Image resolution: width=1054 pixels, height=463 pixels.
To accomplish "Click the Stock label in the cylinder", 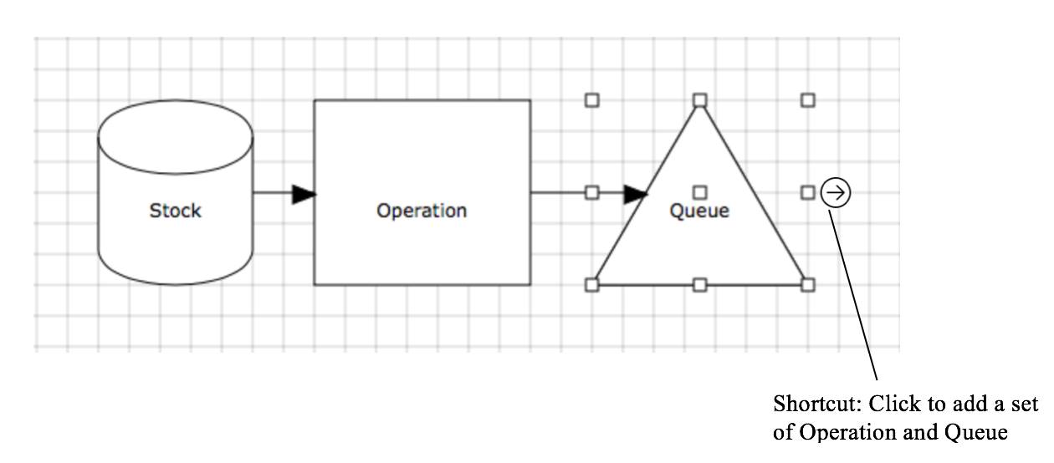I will [x=176, y=211].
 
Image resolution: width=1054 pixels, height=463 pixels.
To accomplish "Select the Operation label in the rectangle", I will [x=422, y=211].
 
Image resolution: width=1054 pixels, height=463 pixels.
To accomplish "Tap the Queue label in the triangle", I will [x=699, y=211].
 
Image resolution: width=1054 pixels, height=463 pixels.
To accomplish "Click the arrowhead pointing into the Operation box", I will [x=304, y=194].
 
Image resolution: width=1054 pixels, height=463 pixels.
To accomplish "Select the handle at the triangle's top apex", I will [x=700, y=100].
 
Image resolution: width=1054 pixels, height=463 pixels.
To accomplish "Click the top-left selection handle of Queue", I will [x=592, y=100].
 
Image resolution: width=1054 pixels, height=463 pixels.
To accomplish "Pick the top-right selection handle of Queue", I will [x=807, y=100].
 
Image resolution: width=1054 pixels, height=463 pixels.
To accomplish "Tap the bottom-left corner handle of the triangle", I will [x=592, y=285].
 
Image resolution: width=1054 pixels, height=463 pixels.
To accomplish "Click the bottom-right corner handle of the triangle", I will [x=807, y=285].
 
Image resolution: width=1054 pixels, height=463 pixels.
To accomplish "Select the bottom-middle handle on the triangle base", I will [x=700, y=285].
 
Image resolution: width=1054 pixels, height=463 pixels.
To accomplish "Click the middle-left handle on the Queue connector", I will [x=592, y=193].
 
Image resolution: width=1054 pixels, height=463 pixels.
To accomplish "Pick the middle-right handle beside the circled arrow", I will [x=807, y=193].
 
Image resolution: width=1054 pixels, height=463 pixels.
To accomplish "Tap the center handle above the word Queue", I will [x=700, y=193].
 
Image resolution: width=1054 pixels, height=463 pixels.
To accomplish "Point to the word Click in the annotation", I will [x=896, y=404].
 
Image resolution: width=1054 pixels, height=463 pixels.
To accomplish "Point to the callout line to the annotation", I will [x=853, y=297].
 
